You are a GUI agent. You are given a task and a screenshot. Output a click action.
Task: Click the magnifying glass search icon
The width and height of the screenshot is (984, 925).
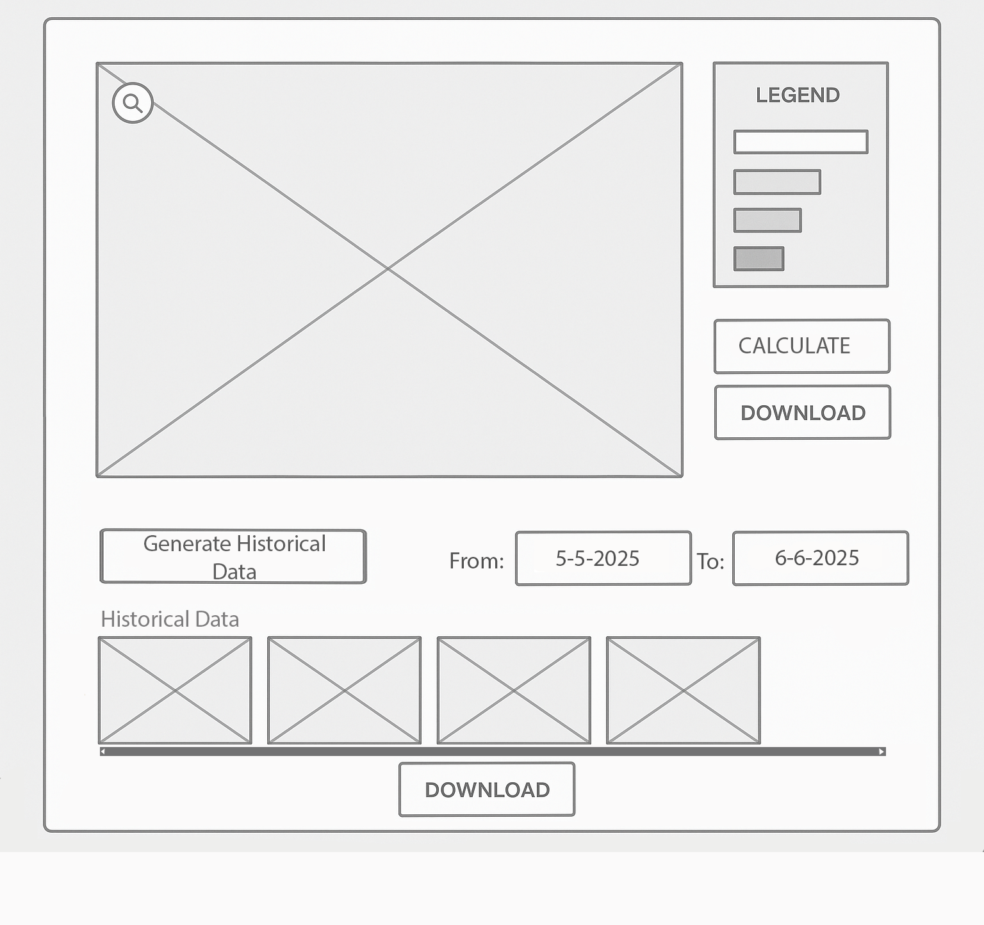point(133,102)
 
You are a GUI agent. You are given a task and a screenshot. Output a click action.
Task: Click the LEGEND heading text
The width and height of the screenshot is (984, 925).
point(798,95)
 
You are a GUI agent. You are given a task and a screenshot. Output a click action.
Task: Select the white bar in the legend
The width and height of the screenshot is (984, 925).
point(801,142)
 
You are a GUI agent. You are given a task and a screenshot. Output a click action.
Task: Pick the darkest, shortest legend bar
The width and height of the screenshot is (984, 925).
point(758,259)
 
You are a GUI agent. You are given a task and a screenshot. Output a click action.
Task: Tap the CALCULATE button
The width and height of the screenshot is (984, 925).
point(802,346)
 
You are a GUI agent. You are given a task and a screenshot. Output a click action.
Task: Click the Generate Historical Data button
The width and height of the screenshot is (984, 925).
point(233,556)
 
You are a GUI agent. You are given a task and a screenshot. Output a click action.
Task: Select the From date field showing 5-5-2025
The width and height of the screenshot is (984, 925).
point(603,558)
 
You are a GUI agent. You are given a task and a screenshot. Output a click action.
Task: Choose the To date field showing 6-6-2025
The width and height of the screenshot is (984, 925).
point(821,558)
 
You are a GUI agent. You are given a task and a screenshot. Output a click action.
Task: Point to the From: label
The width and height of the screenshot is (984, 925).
point(477,561)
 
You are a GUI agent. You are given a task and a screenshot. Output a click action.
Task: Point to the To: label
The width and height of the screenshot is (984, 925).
point(710,561)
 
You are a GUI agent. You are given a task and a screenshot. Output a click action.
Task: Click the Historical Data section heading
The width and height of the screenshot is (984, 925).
point(170,619)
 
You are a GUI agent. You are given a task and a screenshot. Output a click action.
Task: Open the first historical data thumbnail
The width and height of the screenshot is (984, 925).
point(175,690)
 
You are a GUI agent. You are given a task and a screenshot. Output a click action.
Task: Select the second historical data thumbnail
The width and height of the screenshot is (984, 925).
point(345,690)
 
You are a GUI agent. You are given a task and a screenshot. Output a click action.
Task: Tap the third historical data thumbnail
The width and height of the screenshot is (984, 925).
point(514,690)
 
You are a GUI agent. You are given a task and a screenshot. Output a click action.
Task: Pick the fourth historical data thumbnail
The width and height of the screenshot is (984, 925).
point(684,690)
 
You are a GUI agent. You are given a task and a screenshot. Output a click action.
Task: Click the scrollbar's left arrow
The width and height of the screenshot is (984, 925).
point(103,752)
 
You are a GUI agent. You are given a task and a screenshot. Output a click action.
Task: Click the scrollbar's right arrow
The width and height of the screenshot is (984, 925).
point(882,752)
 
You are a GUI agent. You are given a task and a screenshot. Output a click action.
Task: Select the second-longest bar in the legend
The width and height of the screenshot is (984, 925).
point(777,182)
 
